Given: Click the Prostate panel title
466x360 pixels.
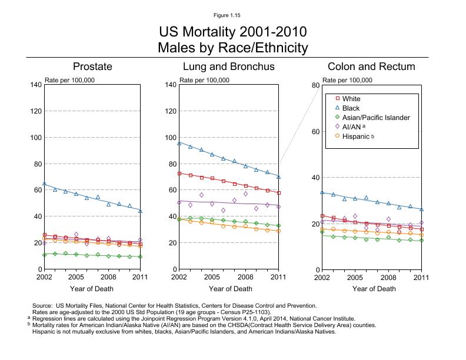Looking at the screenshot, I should click(92, 66).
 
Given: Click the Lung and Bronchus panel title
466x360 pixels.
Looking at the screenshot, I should click(228, 66).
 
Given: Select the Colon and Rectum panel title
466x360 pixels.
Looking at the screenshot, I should click(371, 66).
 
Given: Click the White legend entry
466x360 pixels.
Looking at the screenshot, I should click(351, 99).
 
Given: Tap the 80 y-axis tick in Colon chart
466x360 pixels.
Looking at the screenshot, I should click(315, 85).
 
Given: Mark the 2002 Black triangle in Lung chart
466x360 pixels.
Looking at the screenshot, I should click(179, 143).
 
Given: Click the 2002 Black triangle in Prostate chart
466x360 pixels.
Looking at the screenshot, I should click(45, 184).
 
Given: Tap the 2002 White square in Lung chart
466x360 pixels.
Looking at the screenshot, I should click(179, 174).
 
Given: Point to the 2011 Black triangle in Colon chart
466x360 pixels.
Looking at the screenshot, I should click(421, 209).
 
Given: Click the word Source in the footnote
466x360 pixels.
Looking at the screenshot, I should click(43, 305).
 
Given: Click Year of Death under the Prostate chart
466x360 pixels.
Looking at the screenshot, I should click(92, 289).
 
